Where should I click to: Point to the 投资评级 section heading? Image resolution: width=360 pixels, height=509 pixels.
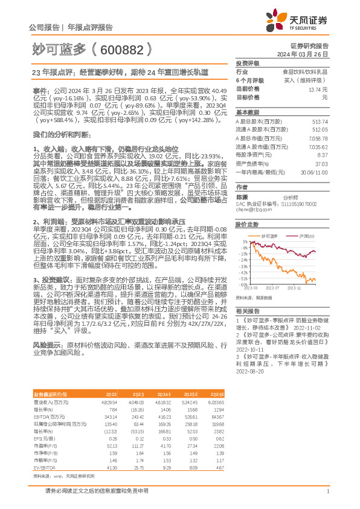248,63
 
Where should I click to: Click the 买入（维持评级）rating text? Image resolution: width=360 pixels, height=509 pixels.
307,80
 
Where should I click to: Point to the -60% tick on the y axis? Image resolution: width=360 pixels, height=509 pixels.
242,284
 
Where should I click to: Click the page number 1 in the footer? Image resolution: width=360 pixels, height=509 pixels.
327,491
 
